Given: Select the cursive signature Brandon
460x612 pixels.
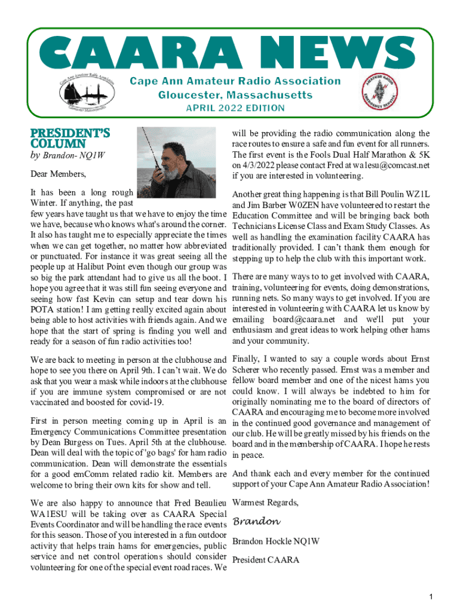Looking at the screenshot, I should click(x=256, y=522).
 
